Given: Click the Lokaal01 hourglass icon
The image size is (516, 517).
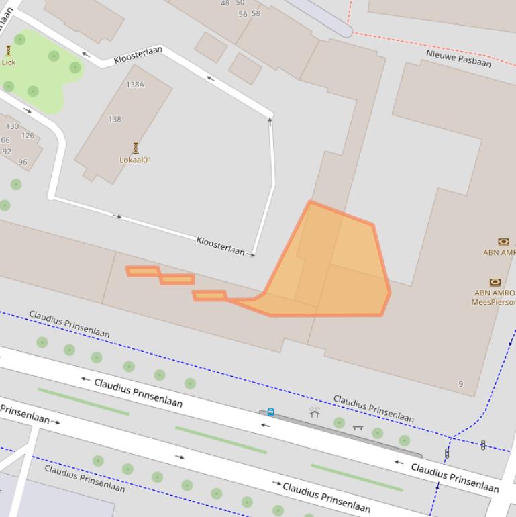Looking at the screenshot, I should (x=136, y=148).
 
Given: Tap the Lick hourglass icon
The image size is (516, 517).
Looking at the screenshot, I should (x=8, y=51).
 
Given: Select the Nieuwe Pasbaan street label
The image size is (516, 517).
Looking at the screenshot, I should (x=458, y=58).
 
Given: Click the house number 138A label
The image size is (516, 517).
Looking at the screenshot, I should (x=135, y=85).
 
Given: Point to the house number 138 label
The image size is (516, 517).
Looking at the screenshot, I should (x=115, y=119).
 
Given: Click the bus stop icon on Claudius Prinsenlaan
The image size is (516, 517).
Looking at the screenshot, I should (x=270, y=412).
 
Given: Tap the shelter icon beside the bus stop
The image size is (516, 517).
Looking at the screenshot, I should (x=315, y=412).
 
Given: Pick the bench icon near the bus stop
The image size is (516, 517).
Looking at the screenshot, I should (x=358, y=427).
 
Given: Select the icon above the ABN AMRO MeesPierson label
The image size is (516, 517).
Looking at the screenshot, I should (x=495, y=282).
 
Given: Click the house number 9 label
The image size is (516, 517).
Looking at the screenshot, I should (x=460, y=384).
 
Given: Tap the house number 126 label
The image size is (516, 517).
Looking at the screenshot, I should (x=28, y=136).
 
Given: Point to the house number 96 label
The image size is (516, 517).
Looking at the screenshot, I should (x=23, y=162).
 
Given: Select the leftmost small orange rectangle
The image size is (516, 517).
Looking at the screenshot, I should (x=142, y=271).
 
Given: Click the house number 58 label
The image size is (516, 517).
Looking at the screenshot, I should (x=256, y=13).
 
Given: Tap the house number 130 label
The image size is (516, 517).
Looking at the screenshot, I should (x=12, y=126).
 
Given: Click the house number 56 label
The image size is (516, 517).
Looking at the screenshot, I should (x=242, y=14).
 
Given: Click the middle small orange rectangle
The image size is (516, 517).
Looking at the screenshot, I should (x=177, y=279).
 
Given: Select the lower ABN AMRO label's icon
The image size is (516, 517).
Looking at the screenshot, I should (x=495, y=282).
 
